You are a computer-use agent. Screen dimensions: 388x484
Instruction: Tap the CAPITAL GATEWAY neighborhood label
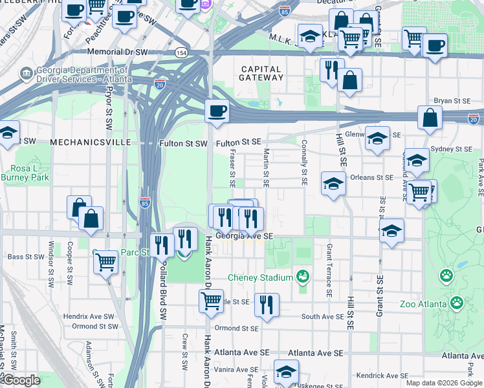[262, 73]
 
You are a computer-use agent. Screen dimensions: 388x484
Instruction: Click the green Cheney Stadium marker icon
[302, 277]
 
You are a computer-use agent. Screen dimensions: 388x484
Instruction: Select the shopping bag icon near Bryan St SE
[430, 118]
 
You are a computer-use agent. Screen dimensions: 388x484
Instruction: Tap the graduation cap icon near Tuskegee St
[285, 371]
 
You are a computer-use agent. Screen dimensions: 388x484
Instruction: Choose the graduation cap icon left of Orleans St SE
[333, 184]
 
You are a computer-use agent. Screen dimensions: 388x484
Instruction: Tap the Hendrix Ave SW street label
[89, 317]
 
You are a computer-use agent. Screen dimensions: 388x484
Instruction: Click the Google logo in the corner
[21, 380]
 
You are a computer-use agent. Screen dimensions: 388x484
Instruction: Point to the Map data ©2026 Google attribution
[443, 383]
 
